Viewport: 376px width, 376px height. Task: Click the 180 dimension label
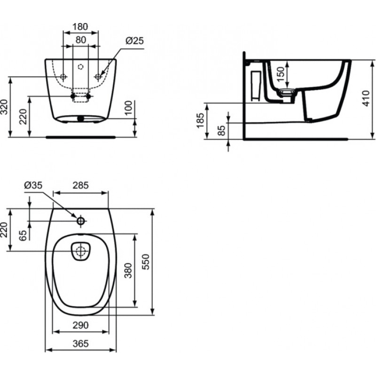tap(80, 27)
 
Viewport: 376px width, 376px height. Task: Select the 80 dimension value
tap(80, 40)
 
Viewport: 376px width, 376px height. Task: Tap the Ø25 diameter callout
tap(134, 41)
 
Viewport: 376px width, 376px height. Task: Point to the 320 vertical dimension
tap(4, 107)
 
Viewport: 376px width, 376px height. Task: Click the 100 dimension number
tap(128, 108)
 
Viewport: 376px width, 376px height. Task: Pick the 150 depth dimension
tap(280, 74)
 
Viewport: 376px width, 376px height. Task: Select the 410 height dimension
tap(366, 98)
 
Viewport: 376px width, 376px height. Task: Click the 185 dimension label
tap(200, 120)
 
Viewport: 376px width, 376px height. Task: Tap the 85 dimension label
tap(221, 131)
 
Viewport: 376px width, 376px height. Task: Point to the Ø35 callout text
tap(33, 185)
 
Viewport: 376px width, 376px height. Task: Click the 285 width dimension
tap(81, 185)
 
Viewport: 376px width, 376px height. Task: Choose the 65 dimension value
tap(22, 235)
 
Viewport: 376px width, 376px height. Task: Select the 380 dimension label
tap(128, 271)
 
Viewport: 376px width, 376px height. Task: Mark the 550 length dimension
tap(146, 262)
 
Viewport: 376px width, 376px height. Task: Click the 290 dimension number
tap(81, 325)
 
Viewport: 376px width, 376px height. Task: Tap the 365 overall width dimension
tap(81, 344)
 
